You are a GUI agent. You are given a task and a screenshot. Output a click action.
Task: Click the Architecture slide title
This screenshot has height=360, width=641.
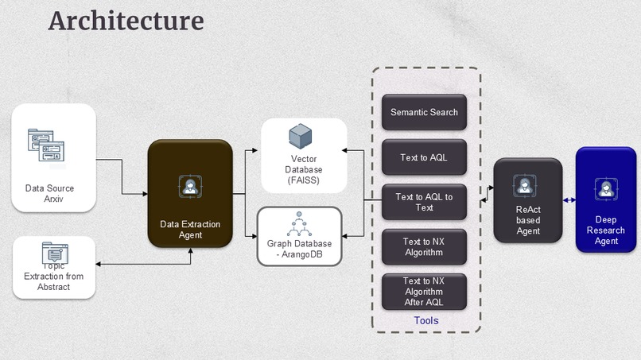[126, 21]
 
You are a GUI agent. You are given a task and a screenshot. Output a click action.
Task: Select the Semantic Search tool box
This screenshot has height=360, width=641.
[424, 112]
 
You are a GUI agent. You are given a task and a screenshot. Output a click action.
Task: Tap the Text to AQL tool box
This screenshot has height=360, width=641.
[424, 157]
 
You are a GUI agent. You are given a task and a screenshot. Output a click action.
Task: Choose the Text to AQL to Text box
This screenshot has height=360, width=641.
[424, 202]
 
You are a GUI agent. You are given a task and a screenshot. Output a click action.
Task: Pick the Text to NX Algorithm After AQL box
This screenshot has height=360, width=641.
[424, 292]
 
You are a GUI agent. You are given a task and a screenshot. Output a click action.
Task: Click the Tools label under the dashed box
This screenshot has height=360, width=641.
[425, 320]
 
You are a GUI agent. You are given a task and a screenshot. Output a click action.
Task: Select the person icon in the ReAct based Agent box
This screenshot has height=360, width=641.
[526, 185]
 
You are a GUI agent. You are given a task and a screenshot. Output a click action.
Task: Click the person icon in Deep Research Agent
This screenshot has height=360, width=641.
[606, 188]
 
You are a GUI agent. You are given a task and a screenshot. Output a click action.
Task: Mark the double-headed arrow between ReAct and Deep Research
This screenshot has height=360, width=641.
[569, 200]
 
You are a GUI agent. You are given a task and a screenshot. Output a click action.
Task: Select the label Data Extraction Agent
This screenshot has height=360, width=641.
[190, 230]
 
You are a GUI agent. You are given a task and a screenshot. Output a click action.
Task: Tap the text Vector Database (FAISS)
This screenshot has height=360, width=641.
[304, 170]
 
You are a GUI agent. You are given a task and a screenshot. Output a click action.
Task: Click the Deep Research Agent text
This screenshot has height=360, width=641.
[606, 230]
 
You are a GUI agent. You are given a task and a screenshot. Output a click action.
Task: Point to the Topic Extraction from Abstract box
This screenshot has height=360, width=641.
[54, 267]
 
